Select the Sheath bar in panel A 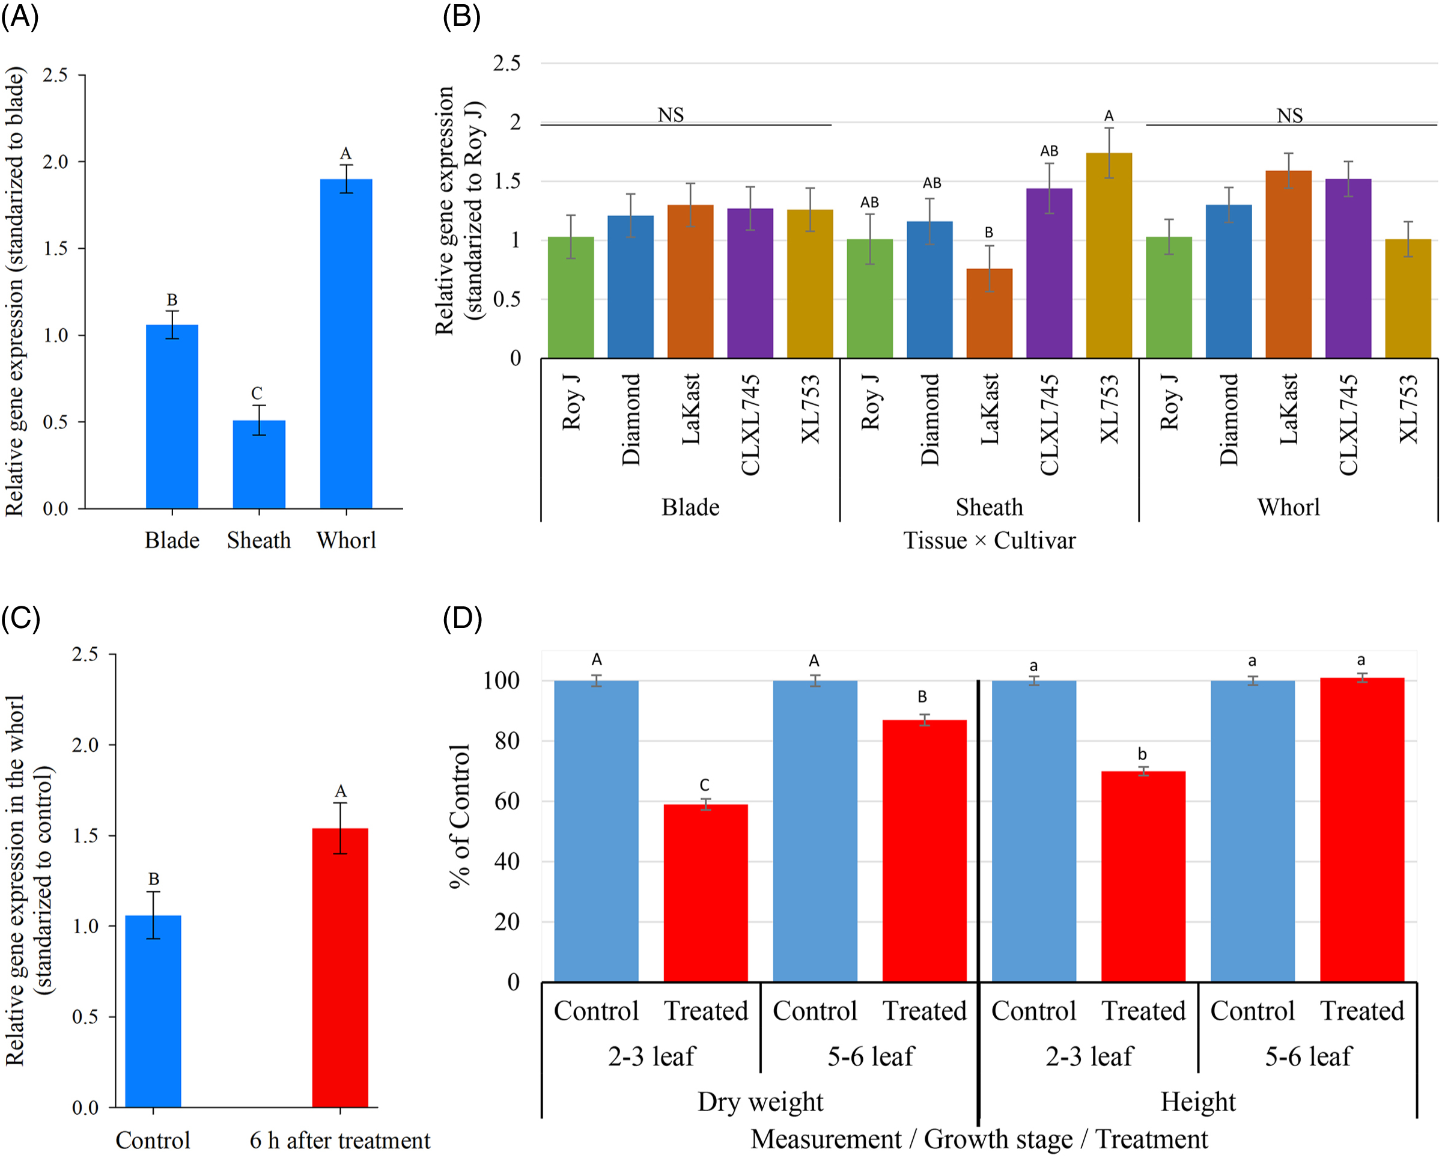click(259, 465)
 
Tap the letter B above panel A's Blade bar click(172, 300)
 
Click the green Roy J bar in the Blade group click(571, 297)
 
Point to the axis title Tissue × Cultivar click(989, 540)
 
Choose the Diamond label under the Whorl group click(1229, 419)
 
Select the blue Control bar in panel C click(153, 1011)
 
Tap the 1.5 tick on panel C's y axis click(85, 835)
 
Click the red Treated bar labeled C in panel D click(705, 892)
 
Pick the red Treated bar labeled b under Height click(1142, 876)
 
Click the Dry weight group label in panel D click(760, 1101)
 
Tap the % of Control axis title click(460, 815)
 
